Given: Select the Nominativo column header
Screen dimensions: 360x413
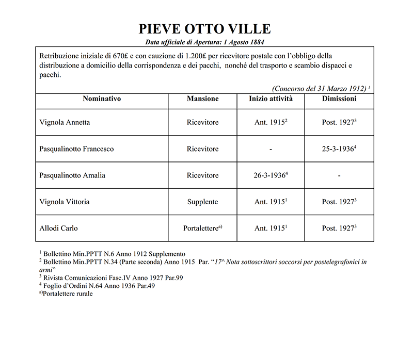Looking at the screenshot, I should point(102,99).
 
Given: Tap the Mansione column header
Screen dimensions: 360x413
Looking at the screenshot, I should point(202,99).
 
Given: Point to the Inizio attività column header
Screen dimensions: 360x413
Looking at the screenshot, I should point(271,99).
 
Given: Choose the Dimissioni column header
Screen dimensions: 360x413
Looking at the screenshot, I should point(339,99).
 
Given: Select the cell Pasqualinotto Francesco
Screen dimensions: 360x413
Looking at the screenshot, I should point(76,149).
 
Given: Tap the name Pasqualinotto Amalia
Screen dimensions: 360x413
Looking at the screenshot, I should point(72,175).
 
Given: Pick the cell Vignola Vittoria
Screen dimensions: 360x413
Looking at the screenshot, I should point(64,202).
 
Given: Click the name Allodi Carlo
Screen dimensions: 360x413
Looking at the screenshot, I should point(58,228).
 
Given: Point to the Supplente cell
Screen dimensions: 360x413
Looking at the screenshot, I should point(202,202).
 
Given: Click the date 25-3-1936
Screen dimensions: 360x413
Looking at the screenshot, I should point(339,149).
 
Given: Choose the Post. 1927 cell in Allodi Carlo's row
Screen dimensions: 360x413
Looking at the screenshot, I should point(339,228).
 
